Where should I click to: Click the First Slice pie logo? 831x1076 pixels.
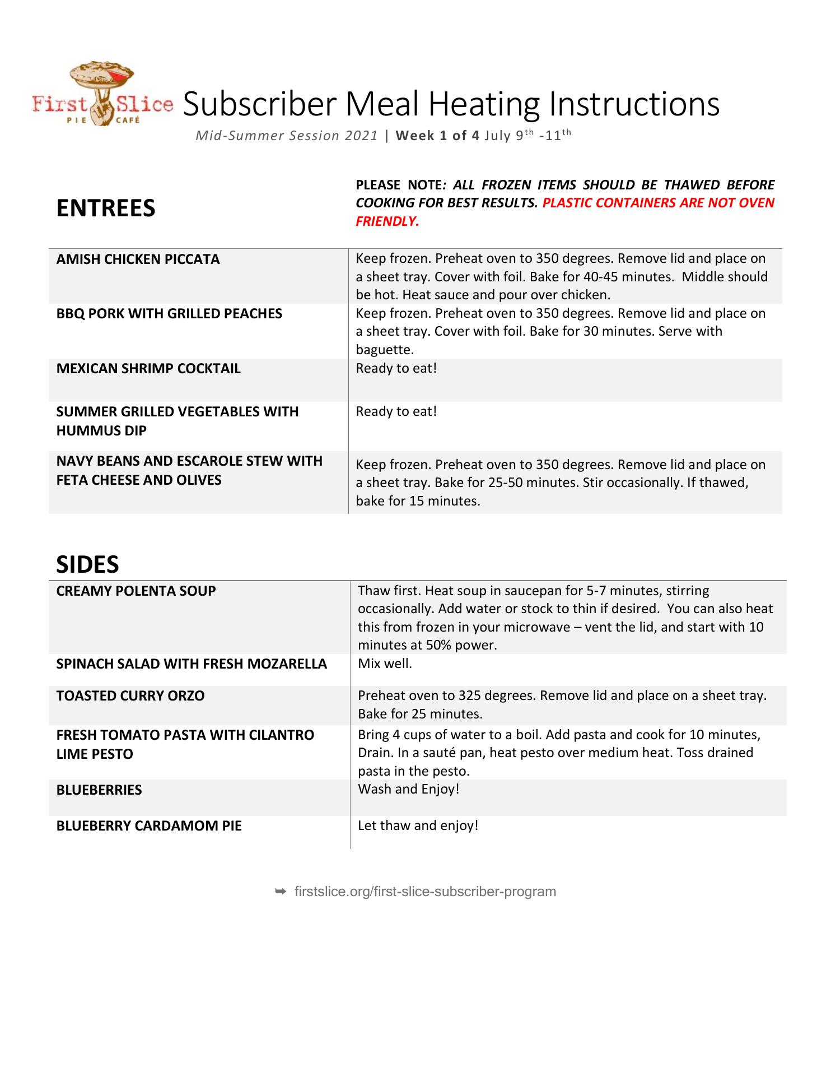102,94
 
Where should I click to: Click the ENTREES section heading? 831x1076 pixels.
106,208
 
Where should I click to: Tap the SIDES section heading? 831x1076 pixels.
87,564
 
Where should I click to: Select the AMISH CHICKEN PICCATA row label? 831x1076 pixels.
138,259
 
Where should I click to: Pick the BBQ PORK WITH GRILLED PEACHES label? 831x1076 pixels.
169,314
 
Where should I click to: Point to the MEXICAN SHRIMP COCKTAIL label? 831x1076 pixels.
148,369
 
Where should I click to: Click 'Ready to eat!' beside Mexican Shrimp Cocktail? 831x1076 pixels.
396,368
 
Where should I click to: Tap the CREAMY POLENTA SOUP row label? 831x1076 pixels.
136,591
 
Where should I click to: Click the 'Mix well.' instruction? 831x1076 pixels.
385,664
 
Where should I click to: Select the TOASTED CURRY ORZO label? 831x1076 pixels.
130,696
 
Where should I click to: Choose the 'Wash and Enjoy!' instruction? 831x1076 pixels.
408,789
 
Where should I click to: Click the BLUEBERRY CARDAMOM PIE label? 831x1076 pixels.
149,826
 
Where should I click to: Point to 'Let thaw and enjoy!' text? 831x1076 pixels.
418,825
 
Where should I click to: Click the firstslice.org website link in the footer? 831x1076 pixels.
425,892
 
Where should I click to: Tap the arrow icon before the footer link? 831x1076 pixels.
281,892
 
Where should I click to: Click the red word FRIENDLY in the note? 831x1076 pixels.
387,221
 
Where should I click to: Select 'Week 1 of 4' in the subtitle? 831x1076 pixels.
437,136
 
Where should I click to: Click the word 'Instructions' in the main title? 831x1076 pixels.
634,104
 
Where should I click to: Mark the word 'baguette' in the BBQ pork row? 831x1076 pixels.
384,350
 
